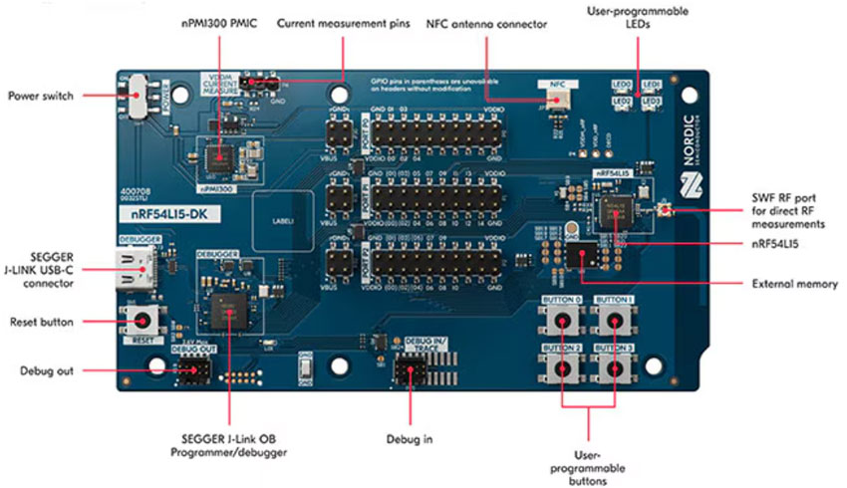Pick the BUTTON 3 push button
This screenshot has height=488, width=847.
(615, 366)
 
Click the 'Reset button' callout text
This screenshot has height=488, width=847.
(46, 322)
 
